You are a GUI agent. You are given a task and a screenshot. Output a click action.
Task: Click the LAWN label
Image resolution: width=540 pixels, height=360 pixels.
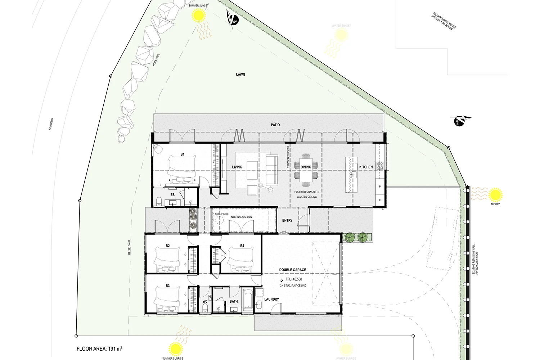click(240, 75)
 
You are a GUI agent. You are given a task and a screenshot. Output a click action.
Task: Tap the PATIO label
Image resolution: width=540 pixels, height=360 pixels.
click(275, 125)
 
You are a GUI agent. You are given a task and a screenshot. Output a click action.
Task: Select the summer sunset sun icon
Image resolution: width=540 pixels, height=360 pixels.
click(198, 16)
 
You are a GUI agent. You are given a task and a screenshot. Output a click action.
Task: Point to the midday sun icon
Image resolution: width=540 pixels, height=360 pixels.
click(495, 195)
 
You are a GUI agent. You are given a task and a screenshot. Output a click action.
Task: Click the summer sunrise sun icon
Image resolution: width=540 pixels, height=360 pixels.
click(176, 348)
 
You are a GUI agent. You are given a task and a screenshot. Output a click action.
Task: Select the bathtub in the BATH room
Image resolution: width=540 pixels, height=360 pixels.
click(249, 300)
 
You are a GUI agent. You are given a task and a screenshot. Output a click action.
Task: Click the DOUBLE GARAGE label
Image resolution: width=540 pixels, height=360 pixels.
click(293, 270)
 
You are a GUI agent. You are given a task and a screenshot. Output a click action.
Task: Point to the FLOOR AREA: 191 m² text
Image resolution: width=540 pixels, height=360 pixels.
click(99, 348)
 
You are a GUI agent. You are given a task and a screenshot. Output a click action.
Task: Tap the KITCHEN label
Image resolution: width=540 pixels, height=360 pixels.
click(366, 167)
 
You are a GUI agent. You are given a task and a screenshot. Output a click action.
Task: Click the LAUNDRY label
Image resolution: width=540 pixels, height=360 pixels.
click(271, 299)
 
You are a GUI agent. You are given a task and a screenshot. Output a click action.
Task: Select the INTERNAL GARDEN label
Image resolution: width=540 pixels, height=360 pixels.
click(241, 217)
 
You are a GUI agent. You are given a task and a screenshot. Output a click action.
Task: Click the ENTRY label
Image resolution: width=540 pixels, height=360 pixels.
click(287, 220)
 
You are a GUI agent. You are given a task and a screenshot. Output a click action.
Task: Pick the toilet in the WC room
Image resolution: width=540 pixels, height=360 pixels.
click(205, 307)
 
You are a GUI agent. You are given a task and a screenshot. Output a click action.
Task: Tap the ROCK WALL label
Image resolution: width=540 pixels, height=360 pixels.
click(156, 60)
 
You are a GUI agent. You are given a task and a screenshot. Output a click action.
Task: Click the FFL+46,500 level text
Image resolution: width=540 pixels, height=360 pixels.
click(294, 279)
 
